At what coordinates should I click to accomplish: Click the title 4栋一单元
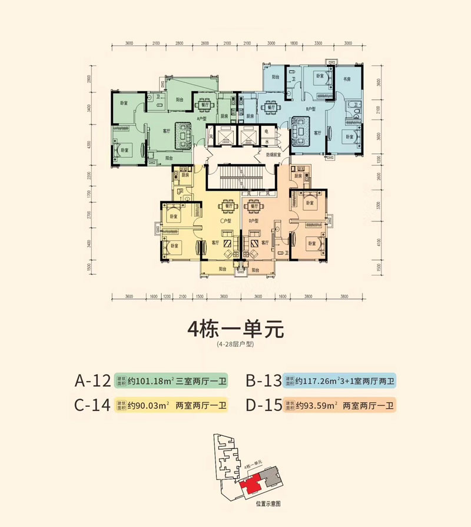pos(235,327)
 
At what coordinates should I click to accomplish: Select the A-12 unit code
pos(93,382)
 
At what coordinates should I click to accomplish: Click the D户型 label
pos(254,221)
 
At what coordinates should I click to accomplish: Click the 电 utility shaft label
pos(267,131)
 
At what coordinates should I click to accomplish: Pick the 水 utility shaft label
pos(267,142)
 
